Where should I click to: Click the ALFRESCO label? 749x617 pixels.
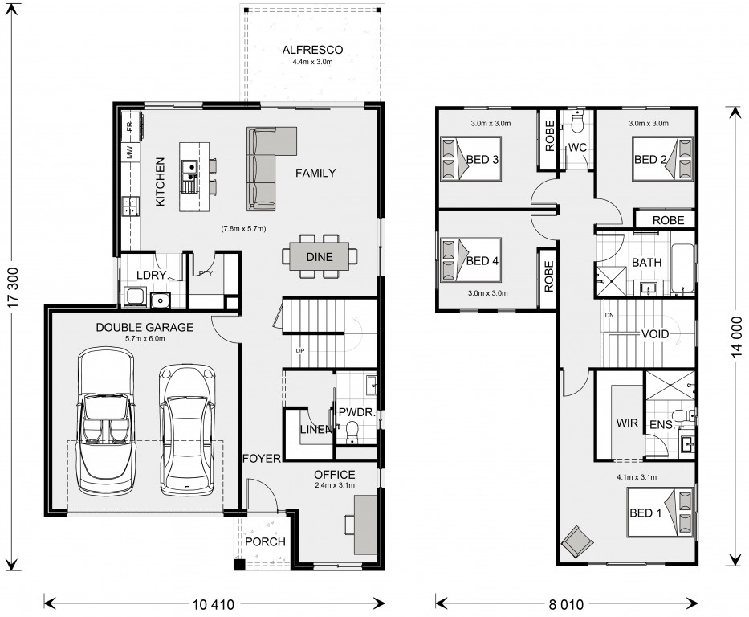pyautogui.click(x=312, y=50)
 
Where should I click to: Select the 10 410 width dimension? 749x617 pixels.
pyautogui.click(x=213, y=605)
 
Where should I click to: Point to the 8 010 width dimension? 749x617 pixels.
pyautogui.click(x=566, y=605)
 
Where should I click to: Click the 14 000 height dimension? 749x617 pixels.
pyautogui.click(x=736, y=337)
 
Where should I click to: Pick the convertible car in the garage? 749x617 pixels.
pyautogui.click(x=106, y=421)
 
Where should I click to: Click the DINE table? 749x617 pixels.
pyautogui.click(x=319, y=256)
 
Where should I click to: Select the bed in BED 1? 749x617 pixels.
pyautogui.click(x=660, y=513)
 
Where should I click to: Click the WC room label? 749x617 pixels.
pyautogui.click(x=577, y=148)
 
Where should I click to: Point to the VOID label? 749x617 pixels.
pyautogui.click(x=655, y=334)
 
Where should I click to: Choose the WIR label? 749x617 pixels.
pyautogui.click(x=627, y=423)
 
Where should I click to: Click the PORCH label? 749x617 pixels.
pyautogui.click(x=265, y=542)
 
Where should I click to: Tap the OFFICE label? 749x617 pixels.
pyautogui.click(x=335, y=475)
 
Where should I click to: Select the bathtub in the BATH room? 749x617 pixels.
pyautogui.click(x=682, y=268)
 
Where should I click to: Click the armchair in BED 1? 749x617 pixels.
pyautogui.click(x=577, y=541)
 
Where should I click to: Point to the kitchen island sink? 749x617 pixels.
pyautogui.click(x=189, y=176)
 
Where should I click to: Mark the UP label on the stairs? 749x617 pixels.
pyautogui.click(x=300, y=351)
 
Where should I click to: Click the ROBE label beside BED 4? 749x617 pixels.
pyautogui.click(x=548, y=276)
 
